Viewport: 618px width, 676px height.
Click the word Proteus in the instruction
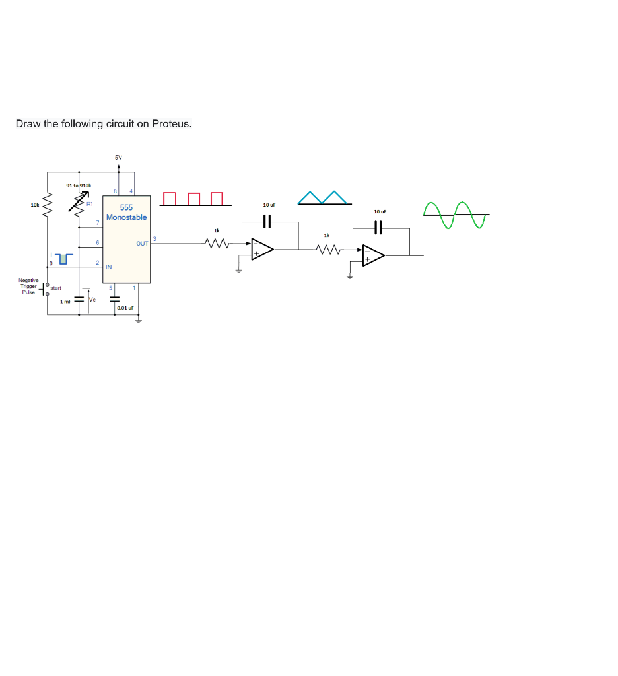tap(171, 124)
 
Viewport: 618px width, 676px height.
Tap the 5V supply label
tap(118, 158)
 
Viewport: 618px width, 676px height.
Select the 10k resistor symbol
tap(47, 205)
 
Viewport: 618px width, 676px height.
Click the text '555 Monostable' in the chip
tap(126, 213)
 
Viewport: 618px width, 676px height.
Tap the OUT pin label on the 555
tap(142, 244)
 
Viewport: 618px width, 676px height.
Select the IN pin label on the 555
tap(109, 267)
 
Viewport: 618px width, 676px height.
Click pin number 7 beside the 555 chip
tap(97, 222)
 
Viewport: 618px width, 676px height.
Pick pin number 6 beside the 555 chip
tap(97, 243)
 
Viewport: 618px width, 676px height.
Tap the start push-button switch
tap(46, 288)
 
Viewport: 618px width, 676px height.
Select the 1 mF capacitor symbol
tap(80, 299)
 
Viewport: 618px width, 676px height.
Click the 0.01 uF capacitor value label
tap(125, 308)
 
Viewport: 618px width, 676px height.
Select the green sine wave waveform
tap(456, 215)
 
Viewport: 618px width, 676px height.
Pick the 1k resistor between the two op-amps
tap(327, 250)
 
